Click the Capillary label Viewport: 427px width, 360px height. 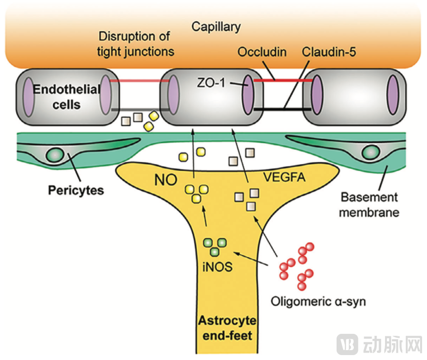[216, 27]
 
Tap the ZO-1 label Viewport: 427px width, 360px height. [212, 83]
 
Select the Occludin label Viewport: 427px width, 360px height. [262, 52]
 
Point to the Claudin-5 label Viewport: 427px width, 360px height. [329, 52]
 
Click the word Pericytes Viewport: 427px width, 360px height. [76, 191]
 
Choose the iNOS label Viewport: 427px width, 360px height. [217, 267]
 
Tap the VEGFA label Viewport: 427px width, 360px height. [284, 177]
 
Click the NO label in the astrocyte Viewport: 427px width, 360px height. [166, 180]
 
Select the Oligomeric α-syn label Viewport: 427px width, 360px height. [318, 302]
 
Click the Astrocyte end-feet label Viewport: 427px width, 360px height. [227, 328]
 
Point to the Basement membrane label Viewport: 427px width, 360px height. [369, 204]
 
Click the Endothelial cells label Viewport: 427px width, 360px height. [67, 97]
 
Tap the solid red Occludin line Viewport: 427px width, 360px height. [283, 80]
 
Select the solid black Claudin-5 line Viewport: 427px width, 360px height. [282, 110]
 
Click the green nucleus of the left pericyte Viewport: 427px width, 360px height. [55, 155]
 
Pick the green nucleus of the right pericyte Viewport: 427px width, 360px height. [371, 152]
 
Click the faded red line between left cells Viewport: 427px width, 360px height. [140, 80]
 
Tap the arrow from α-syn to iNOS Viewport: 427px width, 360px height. [252, 259]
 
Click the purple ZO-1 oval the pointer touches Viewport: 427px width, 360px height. [248, 95]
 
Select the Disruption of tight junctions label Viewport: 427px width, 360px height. [135, 44]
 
